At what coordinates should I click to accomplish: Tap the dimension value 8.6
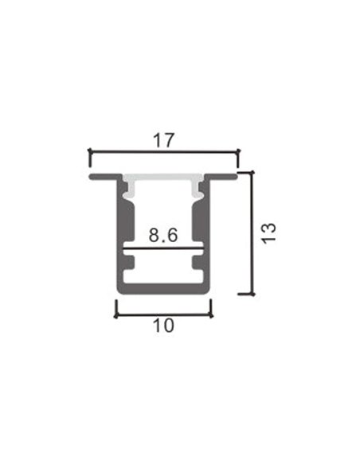[x=162, y=236]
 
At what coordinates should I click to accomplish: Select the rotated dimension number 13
[x=268, y=232]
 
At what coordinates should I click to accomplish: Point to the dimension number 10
[x=163, y=326]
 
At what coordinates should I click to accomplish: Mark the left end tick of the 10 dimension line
[x=118, y=308]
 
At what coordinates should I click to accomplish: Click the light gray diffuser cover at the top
[x=163, y=180]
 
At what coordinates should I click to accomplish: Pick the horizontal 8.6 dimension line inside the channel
[x=163, y=250]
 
